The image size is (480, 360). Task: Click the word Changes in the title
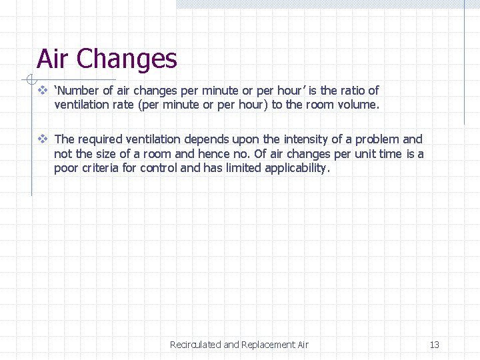[127, 59]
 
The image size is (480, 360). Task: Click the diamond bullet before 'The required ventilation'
[42, 139]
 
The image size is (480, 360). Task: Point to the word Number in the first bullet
[77, 91]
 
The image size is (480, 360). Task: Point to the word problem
[377, 139]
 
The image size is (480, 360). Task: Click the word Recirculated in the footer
[195, 345]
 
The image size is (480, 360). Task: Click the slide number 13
[435, 345]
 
